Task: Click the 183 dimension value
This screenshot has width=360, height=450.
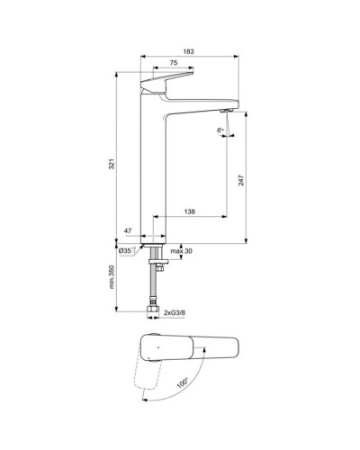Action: click(x=188, y=51)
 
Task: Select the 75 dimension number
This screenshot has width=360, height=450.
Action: click(x=172, y=64)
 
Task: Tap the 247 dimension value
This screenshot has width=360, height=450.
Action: click(x=241, y=180)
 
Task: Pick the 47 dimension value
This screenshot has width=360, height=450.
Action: click(x=128, y=232)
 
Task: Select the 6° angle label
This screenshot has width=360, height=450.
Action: click(x=220, y=130)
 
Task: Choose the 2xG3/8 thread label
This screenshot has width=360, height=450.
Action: click(x=175, y=312)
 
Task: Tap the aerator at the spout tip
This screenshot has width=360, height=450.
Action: click(x=223, y=106)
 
